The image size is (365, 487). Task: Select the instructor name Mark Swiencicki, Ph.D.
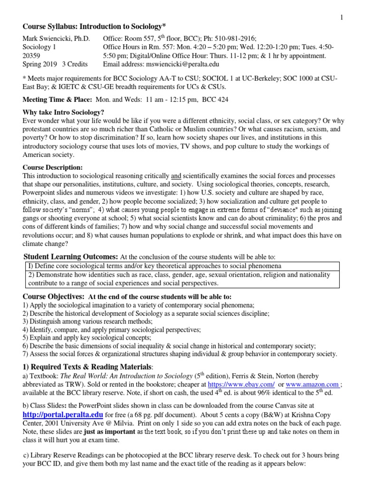click(x=57, y=39)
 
